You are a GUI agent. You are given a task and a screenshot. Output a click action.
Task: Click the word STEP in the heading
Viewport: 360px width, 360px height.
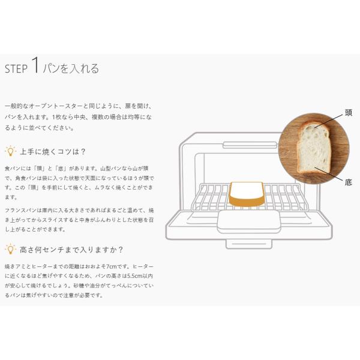[x=16, y=69]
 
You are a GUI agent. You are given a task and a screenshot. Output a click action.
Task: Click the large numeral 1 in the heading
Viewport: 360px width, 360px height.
[x=35, y=65]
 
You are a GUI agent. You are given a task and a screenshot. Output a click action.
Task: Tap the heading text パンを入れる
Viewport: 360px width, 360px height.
[x=71, y=68]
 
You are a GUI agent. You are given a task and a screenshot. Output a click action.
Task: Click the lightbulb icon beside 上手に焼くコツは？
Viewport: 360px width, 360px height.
[x=10, y=151]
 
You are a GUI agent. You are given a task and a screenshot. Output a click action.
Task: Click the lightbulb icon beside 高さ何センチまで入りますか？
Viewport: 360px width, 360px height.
[x=10, y=249]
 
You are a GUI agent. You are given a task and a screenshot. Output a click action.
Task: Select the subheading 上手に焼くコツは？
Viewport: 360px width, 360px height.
[x=53, y=152]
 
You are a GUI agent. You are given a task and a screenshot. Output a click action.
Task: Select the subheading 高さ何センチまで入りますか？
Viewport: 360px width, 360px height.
[x=71, y=250]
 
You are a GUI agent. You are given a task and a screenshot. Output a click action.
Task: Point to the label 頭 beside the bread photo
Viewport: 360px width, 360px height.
[x=349, y=113]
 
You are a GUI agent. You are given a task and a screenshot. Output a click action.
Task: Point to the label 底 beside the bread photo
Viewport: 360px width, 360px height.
[x=349, y=182]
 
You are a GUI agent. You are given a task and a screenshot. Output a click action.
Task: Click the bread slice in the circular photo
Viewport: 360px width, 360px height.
[x=314, y=147]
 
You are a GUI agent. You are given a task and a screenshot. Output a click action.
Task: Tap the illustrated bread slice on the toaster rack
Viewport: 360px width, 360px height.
[x=247, y=194]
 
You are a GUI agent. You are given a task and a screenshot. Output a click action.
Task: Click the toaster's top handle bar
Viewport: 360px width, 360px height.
[x=250, y=145]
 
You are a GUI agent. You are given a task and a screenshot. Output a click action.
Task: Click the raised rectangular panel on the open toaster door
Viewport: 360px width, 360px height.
[x=248, y=221]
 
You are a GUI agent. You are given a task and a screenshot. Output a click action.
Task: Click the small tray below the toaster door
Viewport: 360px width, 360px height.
[x=249, y=244]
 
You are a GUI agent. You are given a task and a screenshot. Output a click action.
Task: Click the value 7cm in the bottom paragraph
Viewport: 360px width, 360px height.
[x=111, y=266]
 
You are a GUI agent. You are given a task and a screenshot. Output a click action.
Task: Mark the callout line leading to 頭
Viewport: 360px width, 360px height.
[x=329, y=121]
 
